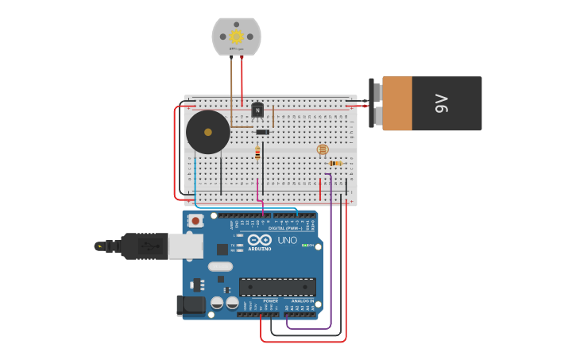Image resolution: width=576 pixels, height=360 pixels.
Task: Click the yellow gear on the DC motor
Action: pos(236,36)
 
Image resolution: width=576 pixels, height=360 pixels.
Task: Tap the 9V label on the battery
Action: pos(441,103)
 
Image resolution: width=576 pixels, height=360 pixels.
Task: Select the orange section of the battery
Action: pos(397,103)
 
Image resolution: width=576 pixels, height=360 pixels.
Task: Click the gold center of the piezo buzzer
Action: pos(208,132)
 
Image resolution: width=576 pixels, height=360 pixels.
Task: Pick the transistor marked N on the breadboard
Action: pos(257,110)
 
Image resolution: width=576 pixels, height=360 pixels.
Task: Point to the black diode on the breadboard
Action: pos(262,132)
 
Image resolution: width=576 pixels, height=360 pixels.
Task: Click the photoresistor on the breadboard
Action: pos(322,149)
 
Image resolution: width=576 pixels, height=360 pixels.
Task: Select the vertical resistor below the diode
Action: pos(257,153)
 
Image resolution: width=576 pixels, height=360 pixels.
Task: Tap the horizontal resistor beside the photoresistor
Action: pos(336,163)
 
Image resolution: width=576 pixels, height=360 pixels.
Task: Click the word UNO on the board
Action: pos(287,240)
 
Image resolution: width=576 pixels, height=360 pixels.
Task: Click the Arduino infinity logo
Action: pos(260,239)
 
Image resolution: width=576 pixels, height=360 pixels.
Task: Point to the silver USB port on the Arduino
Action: pos(185,246)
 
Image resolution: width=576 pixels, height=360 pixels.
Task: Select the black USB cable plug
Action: pos(143,246)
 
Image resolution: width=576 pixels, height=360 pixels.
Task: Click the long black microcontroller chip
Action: pos(277,287)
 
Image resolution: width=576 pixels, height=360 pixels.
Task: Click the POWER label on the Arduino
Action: pos(270,301)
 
